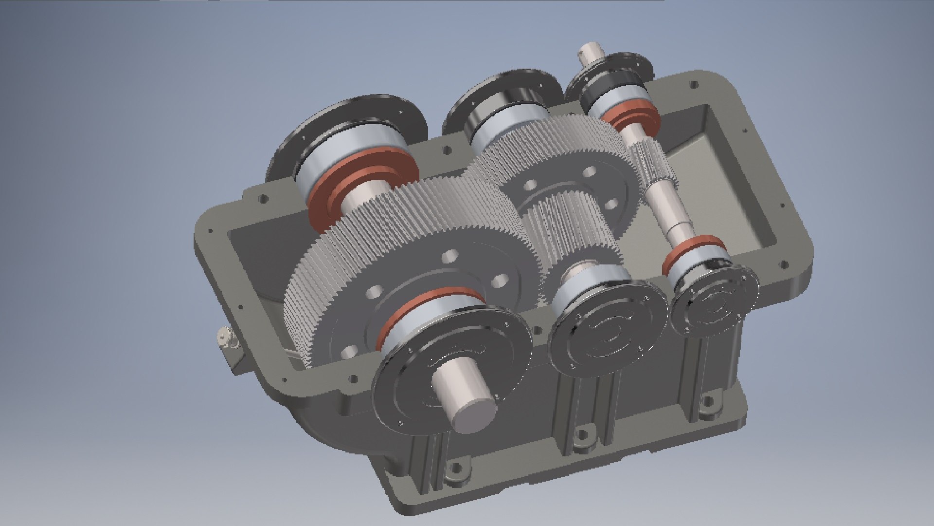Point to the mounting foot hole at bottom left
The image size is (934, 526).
pos(456,470)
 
